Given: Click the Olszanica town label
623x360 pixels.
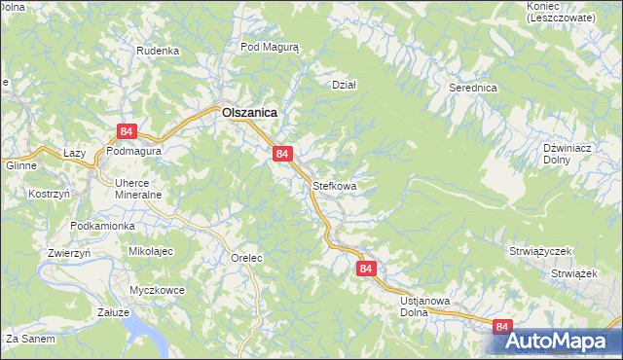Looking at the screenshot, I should tap(249, 113).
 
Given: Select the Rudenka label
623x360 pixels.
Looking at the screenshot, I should tap(158, 51).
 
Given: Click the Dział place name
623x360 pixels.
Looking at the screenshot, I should tap(345, 85).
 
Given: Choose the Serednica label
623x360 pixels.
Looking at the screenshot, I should tap(473, 88).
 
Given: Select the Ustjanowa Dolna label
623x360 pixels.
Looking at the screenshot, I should tap(424, 307).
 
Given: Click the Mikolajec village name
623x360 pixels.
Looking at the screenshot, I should tap(151, 251).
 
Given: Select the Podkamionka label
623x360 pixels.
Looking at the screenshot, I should tap(102, 226).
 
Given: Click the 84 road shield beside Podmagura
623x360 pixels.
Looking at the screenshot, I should tap(126, 130).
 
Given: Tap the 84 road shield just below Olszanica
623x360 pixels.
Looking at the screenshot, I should tap(282, 154).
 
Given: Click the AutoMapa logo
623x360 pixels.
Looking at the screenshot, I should tap(557, 342).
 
